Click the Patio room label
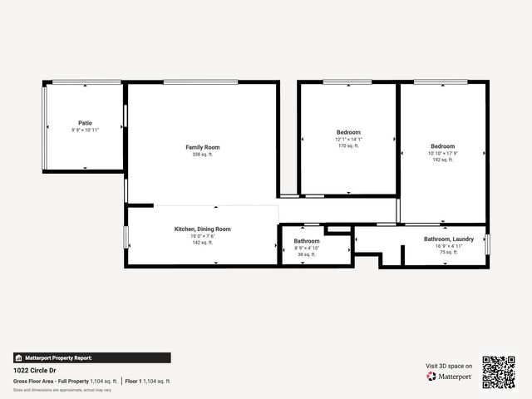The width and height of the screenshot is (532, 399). (85, 122)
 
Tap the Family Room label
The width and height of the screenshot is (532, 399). (203, 147)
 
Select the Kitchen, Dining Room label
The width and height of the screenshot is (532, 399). (203, 229)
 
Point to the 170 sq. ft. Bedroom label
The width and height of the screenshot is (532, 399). (348, 132)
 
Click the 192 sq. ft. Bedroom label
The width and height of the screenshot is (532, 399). (442, 146)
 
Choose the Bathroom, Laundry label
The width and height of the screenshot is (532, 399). (449, 239)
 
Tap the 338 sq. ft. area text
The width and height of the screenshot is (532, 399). (203, 155)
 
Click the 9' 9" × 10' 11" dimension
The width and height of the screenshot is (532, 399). (85, 130)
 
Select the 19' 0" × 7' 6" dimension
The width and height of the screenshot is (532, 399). (203, 236)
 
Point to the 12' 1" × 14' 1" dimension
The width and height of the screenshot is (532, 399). (348, 139)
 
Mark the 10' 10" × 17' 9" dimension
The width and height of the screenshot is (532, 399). (442, 153)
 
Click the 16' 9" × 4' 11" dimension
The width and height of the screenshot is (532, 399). (449, 245)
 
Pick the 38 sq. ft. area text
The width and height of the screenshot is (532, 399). (306, 254)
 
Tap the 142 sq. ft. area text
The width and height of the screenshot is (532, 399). (203, 243)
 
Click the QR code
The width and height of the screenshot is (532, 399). (499, 372)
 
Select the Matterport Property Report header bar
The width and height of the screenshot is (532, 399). (91, 357)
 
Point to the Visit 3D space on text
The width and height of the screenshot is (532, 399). (449, 366)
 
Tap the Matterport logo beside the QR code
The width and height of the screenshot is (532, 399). (450, 377)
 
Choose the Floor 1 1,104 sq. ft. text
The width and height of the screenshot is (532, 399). (149, 381)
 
